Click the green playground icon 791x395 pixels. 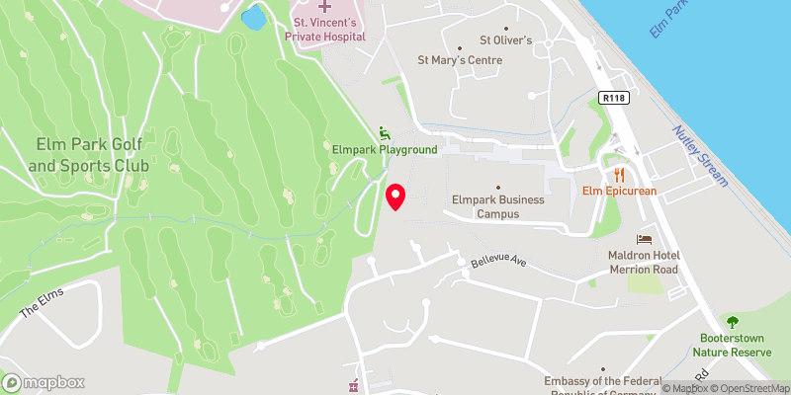click(x=385, y=133)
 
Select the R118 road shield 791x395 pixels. click(x=613, y=97)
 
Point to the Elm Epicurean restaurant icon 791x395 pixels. click(x=620, y=174)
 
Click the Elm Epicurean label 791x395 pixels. click(x=620, y=191)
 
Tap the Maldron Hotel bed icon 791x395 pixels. click(x=645, y=239)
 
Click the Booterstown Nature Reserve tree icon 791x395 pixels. click(x=732, y=322)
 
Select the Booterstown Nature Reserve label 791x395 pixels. click(x=732, y=344)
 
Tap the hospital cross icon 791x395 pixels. click(x=297, y=7)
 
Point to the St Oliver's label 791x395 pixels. click(x=506, y=40)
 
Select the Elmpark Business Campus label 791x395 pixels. click(x=498, y=205)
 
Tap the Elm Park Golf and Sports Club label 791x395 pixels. click(x=75, y=154)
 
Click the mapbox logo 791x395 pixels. click(x=44, y=382)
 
